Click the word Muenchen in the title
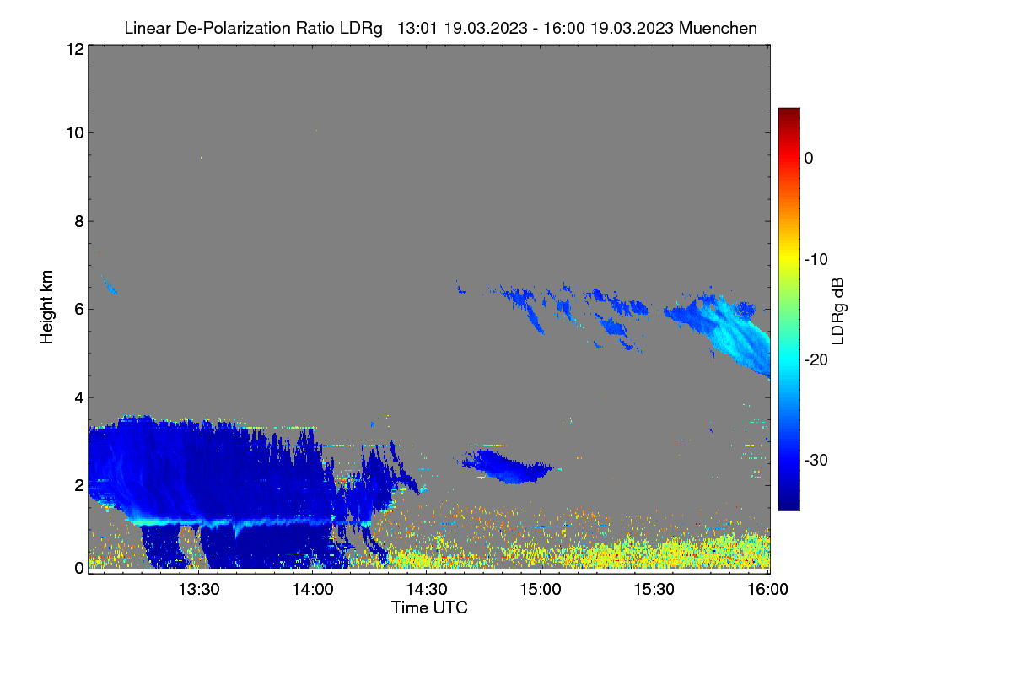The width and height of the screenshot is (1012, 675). (718, 29)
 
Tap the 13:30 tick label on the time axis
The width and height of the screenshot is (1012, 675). (199, 590)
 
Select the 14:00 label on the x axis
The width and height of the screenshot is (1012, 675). (313, 590)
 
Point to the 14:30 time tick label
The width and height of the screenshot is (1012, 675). (427, 590)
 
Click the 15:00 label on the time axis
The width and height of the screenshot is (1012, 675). (541, 590)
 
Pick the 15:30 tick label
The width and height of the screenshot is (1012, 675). (654, 590)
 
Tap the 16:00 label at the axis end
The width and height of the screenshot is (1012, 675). (767, 590)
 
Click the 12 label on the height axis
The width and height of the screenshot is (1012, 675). (75, 49)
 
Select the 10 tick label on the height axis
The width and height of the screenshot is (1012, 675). (75, 133)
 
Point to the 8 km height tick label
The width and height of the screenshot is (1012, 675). (79, 221)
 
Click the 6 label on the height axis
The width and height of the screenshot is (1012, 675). (79, 310)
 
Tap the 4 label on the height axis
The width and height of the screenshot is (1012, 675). (79, 398)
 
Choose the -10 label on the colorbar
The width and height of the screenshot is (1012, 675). (816, 260)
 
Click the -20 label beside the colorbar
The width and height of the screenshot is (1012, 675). (816, 360)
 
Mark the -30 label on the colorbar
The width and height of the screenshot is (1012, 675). (816, 461)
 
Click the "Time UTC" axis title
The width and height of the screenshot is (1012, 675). (429, 608)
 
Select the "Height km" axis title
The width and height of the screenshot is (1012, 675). (46, 307)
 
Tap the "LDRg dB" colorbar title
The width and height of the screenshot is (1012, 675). (838, 311)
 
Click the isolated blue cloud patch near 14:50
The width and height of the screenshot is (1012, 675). (506, 466)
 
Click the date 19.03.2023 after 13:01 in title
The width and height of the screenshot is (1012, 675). (486, 29)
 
